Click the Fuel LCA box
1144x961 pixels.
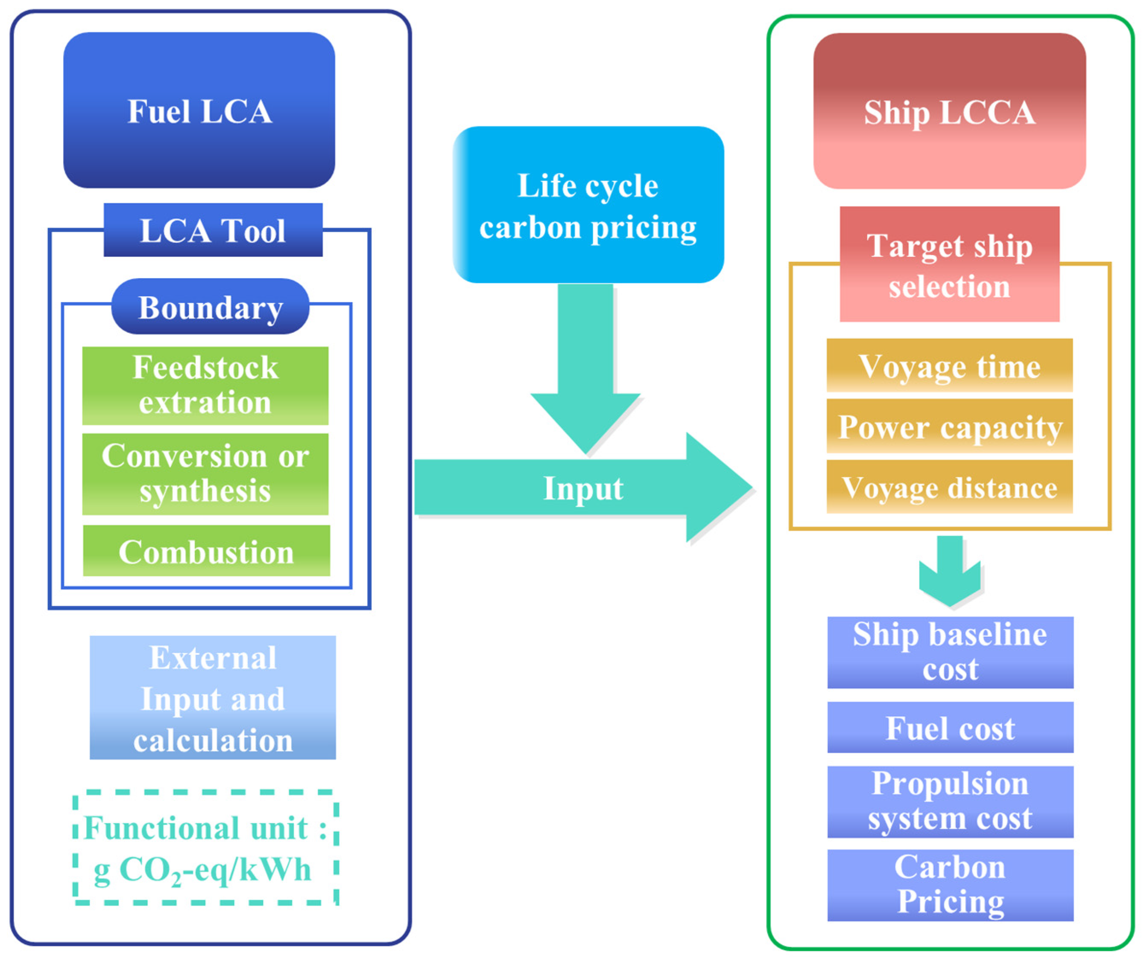coord(199,110)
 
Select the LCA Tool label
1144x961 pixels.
coord(213,230)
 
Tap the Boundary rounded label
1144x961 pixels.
coord(210,307)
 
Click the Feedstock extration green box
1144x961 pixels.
coord(205,385)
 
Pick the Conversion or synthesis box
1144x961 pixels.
coord(205,473)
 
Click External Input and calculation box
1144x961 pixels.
coord(213,697)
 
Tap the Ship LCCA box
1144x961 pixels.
coord(949,111)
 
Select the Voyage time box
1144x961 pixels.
coord(949,366)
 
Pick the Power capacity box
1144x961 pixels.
coord(949,426)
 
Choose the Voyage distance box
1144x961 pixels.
coord(949,487)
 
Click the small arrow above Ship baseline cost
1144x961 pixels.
coord(949,572)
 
